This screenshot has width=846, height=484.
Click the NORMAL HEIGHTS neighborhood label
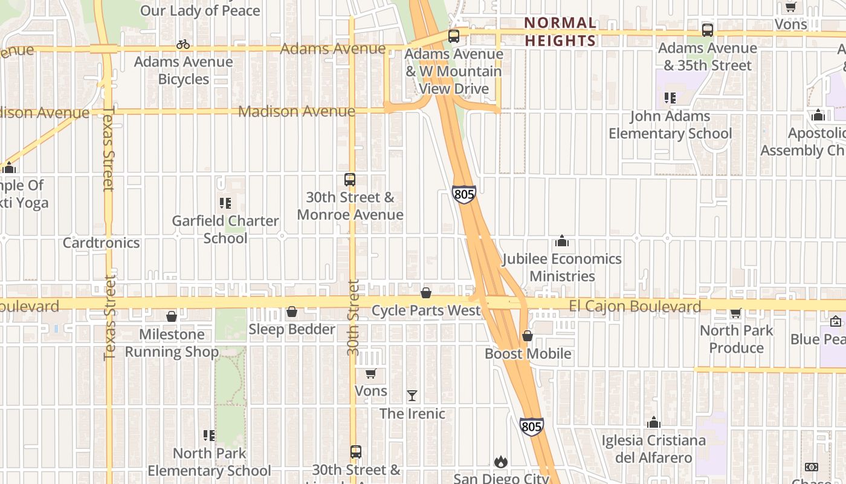coord(560,31)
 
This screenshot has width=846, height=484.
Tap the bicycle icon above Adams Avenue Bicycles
coord(183,44)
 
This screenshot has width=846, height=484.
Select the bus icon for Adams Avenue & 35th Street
coord(707,30)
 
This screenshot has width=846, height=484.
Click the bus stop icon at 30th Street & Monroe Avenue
coord(349,179)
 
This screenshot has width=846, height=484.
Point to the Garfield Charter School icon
coord(225,203)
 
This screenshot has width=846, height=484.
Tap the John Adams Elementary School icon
coord(670,97)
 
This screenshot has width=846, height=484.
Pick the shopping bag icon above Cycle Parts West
coord(426,293)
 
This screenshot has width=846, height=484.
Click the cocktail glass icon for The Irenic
coord(412,396)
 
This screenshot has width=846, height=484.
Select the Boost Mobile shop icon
coord(528,336)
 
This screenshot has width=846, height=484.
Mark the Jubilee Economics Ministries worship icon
coord(562,241)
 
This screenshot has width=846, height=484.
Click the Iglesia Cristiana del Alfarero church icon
coord(653,422)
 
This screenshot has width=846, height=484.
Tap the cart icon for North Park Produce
coord(735,313)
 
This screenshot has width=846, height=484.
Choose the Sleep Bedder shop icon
coord(292,312)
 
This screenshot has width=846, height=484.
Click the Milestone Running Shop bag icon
coord(172,316)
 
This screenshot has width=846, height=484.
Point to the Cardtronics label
coord(101,243)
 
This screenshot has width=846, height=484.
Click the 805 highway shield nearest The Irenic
coord(531,427)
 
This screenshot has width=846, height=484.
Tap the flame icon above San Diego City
coord(500,462)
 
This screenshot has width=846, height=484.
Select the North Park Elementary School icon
coord(209,436)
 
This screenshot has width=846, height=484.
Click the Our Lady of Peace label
coord(200,10)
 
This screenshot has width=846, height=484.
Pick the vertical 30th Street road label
coord(354,318)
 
